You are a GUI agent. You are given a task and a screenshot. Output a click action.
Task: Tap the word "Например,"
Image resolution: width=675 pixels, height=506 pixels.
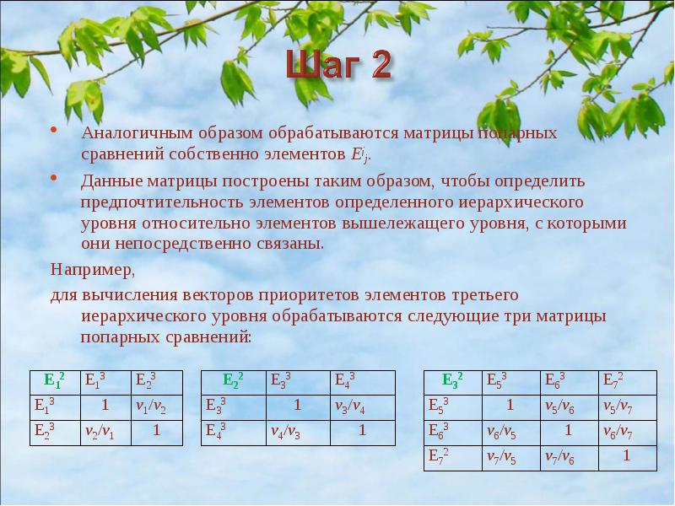tap(92, 271)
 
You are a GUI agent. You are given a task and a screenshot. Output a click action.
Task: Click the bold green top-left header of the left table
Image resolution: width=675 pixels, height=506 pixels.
tap(56, 380)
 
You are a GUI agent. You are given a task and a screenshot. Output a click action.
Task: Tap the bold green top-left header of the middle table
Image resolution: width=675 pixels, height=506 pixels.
tap(234, 380)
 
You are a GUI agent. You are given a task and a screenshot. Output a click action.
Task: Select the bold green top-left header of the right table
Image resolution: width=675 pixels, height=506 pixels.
tap(452, 380)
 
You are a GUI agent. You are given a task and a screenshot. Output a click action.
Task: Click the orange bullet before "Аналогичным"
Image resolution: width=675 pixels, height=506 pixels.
tap(53, 132)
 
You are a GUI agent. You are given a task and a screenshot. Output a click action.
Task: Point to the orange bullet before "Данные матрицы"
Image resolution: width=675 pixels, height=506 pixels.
tap(53, 179)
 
